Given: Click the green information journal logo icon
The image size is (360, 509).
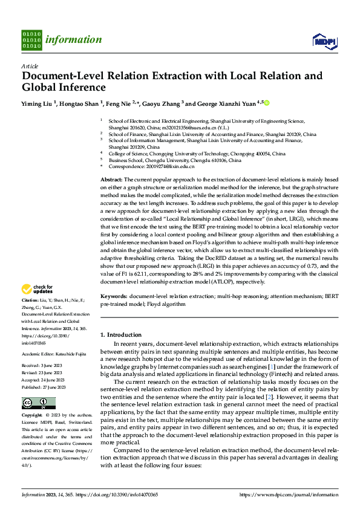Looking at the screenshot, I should (31, 39).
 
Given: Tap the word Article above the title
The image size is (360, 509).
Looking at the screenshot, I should (29, 65).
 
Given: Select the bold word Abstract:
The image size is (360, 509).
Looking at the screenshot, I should (111, 180).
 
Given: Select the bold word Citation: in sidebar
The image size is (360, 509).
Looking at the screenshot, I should (30, 300).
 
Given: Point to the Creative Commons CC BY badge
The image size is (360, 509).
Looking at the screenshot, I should (38, 386).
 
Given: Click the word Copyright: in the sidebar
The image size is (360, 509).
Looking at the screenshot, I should (32, 398).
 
